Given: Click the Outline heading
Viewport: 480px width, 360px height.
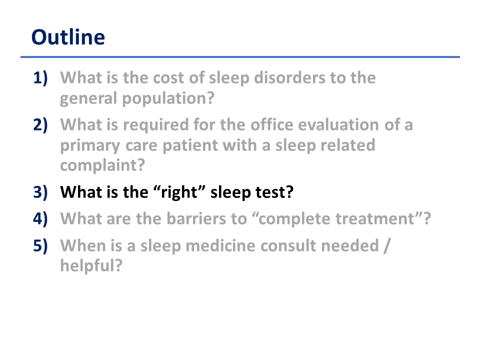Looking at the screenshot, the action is pos(68,37).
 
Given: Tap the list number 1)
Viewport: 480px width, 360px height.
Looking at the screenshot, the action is pos(40,78).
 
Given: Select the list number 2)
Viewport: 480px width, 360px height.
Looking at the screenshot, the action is pos(40,125).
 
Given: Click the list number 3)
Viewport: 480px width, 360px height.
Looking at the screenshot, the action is pos(40,192).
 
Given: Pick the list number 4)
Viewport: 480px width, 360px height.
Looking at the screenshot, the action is pos(40,219).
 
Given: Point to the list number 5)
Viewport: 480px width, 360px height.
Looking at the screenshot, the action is pos(40,246).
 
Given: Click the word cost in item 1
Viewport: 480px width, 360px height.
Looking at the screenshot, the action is pos(168,78).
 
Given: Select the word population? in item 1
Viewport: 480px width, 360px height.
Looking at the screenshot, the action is pos(168,99).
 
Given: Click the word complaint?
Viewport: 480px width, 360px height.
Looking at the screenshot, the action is pos(102,166).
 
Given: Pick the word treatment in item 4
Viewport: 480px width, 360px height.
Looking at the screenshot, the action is pos(375,219).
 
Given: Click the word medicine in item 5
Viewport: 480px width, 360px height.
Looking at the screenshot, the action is pos(220,246).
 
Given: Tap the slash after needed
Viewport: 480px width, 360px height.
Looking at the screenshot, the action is pos(387,246).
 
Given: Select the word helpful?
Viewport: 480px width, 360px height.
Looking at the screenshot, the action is pos(91,265).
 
